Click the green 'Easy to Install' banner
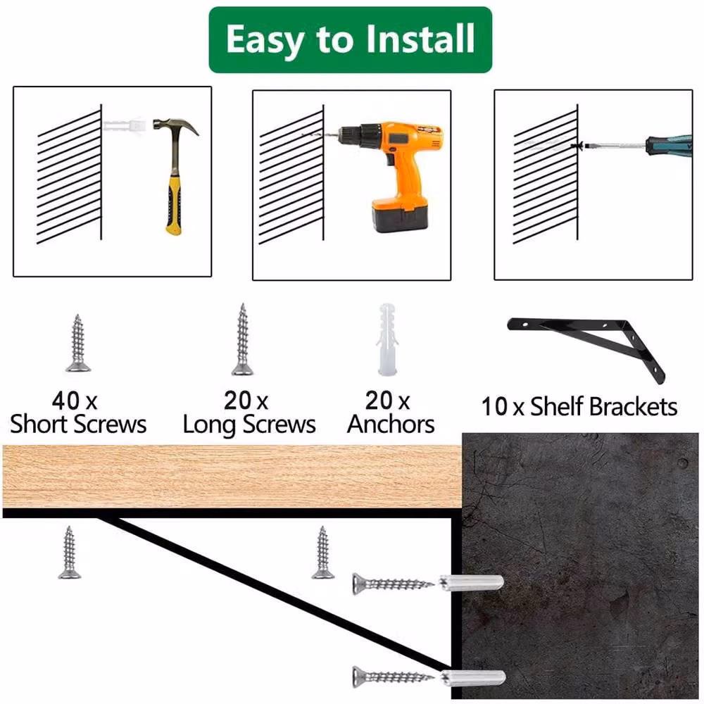coord(350,39)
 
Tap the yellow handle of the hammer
coord(174,205)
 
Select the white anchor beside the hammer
coord(125,124)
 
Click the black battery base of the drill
coord(400,215)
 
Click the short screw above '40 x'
coord(78,343)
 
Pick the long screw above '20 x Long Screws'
coord(242,339)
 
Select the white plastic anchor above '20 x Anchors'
coord(386,339)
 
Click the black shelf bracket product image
coord(586,348)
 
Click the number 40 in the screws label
coord(65,401)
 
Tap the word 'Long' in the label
coord(209,425)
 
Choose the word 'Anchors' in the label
coord(391,424)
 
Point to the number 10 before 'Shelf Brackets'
coord(494,407)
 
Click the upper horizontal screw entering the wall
coord(394,584)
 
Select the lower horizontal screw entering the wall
coord(394,677)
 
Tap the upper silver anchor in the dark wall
coord(471,582)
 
